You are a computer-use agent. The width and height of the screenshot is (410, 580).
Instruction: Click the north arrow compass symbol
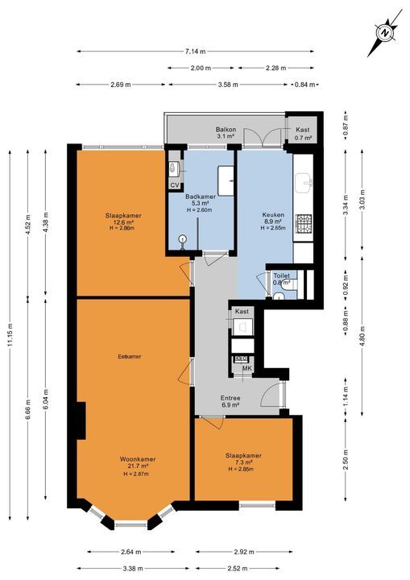click(x=385, y=33)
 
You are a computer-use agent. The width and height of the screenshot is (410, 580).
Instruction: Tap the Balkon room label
click(x=226, y=130)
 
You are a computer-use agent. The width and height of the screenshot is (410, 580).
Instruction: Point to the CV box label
click(x=174, y=185)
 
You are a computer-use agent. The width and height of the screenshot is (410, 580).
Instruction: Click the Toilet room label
click(x=281, y=275)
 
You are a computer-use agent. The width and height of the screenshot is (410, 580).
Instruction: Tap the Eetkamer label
click(x=130, y=355)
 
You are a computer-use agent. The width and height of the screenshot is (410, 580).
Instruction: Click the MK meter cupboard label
click(x=247, y=369)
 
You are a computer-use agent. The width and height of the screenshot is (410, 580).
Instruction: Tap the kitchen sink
click(x=304, y=184)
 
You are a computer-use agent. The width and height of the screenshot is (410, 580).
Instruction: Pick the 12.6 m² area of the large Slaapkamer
click(x=123, y=222)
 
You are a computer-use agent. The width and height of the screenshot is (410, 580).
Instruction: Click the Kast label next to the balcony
click(x=303, y=130)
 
